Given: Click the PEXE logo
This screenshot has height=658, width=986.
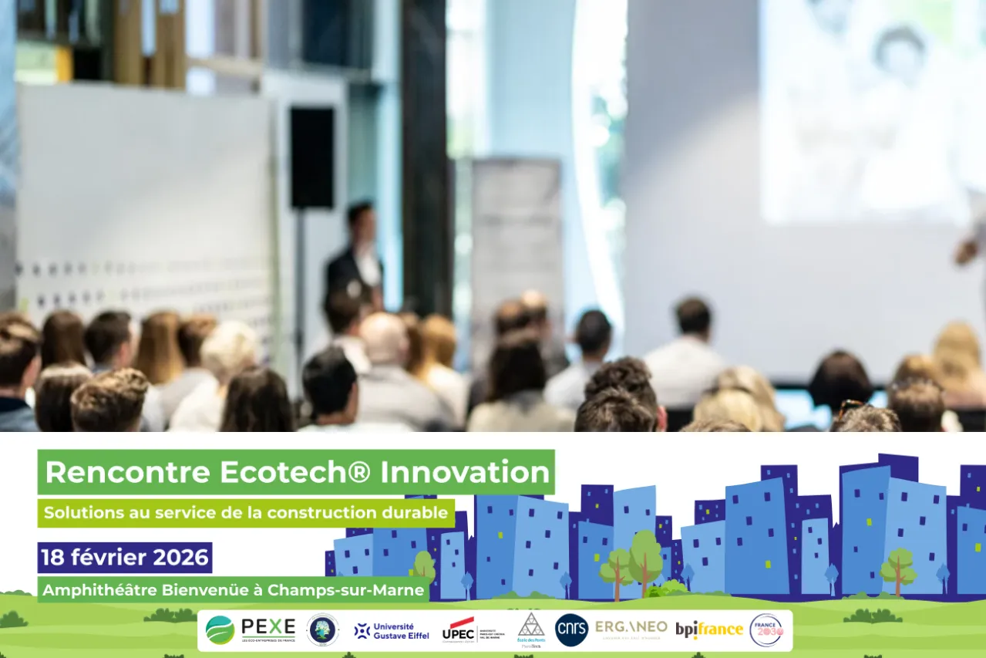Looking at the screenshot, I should [251, 629].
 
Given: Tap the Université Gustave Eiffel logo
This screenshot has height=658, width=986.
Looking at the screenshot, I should [392, 630].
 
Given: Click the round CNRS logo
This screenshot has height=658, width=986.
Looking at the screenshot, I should [571, 630].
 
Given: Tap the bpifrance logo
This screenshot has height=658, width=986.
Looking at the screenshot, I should [709, 629].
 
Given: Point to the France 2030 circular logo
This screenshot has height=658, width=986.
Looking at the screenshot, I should [766, 629].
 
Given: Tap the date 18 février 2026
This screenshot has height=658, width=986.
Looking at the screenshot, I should [125, 557].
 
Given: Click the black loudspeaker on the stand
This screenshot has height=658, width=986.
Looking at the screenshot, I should [312, 157].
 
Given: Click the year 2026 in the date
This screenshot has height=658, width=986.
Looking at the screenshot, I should [180, 557].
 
